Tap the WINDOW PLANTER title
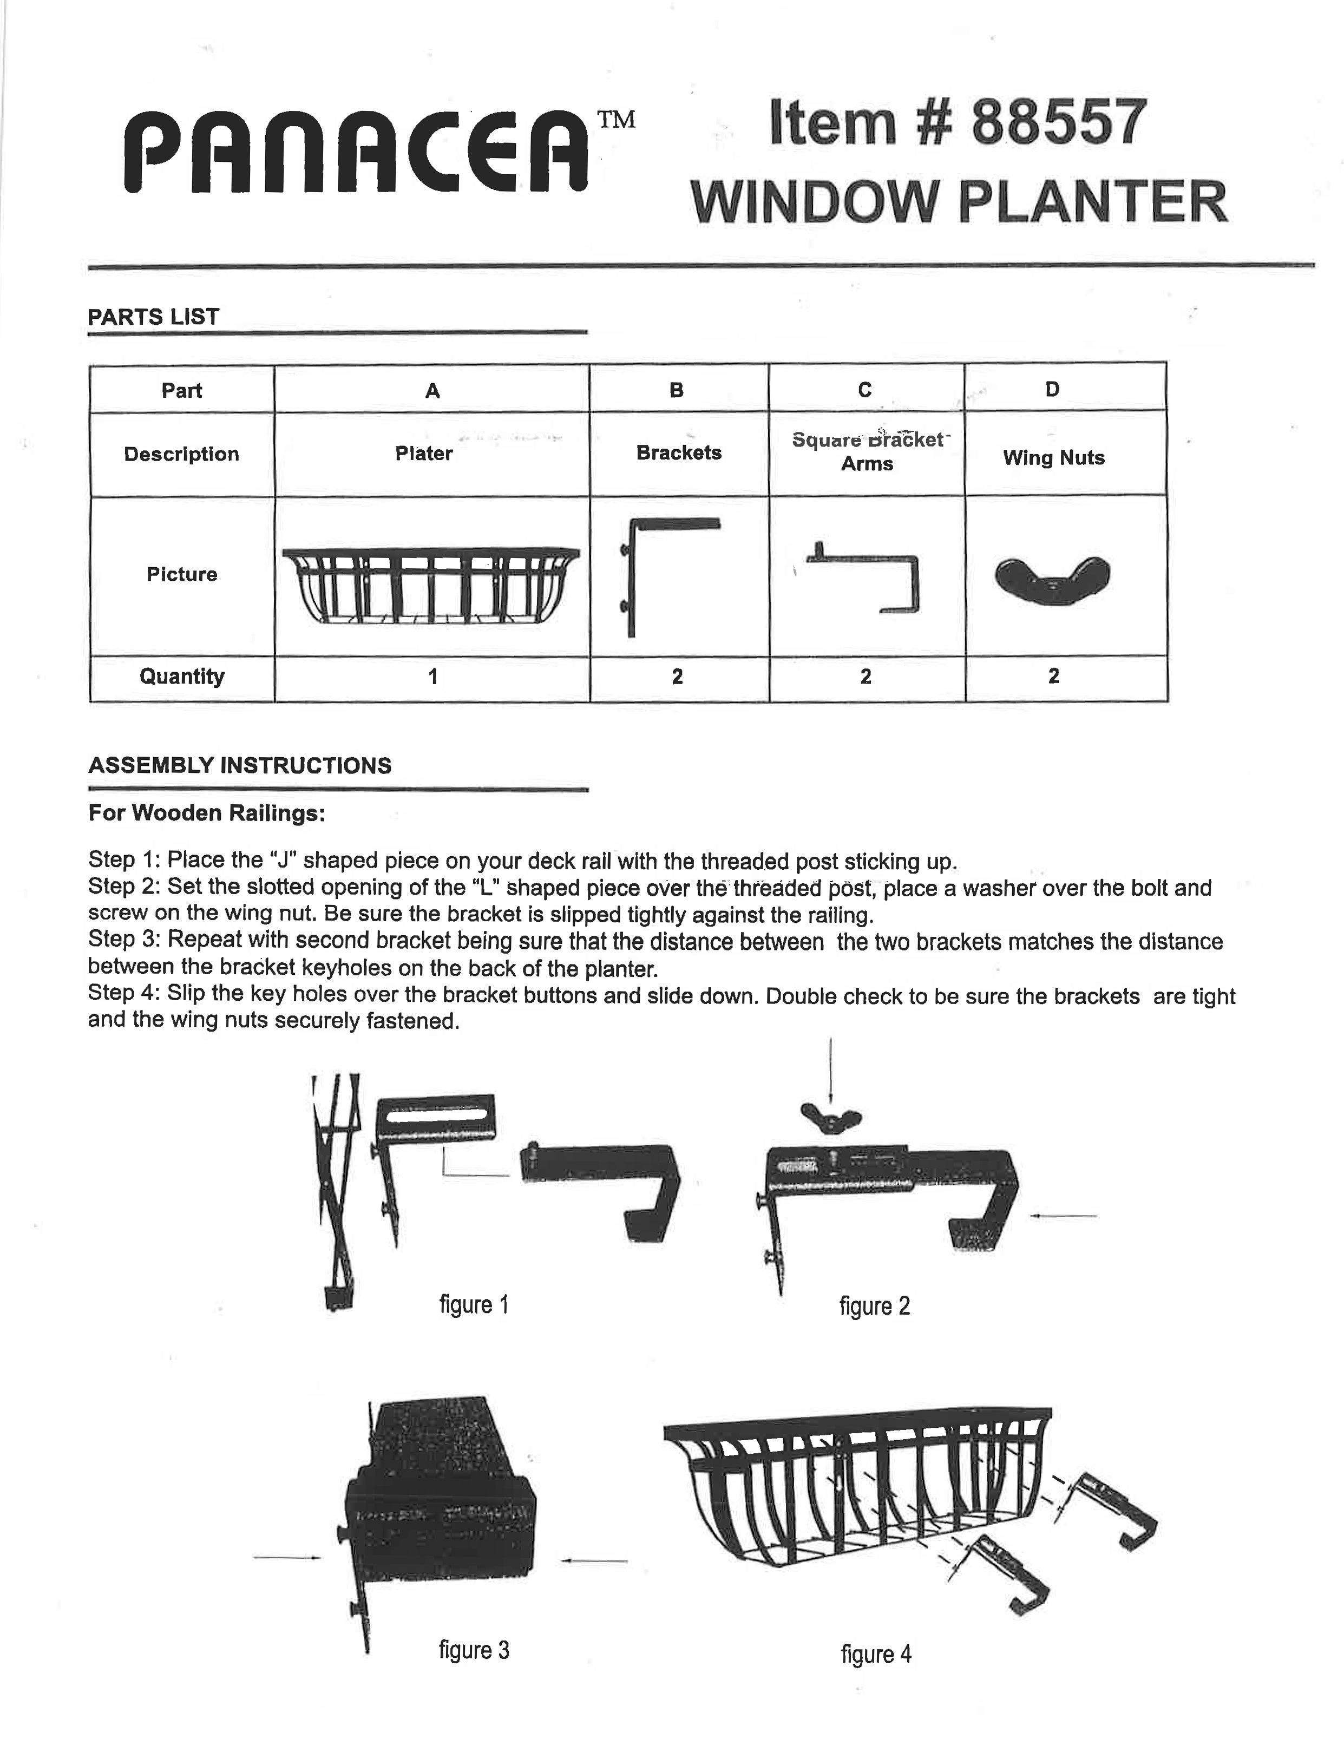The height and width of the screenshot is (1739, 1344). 960,202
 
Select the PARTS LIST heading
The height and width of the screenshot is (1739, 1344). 153,317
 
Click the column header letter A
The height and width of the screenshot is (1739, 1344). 432,390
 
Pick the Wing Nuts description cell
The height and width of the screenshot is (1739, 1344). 1053,458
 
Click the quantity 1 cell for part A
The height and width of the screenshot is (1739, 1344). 432,677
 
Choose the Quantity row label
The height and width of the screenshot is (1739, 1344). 181,677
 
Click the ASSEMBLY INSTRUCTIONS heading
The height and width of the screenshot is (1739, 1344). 240,765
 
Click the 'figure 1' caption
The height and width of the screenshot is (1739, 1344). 474,1304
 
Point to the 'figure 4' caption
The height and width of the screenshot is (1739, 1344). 876,1655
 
